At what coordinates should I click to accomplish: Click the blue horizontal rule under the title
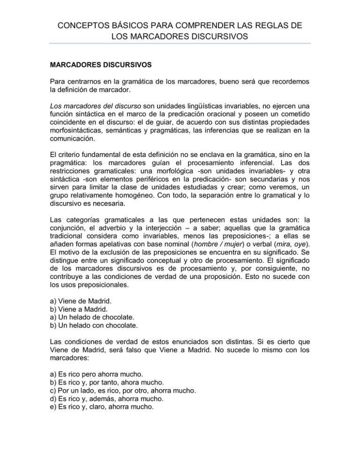tap(180, 43)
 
